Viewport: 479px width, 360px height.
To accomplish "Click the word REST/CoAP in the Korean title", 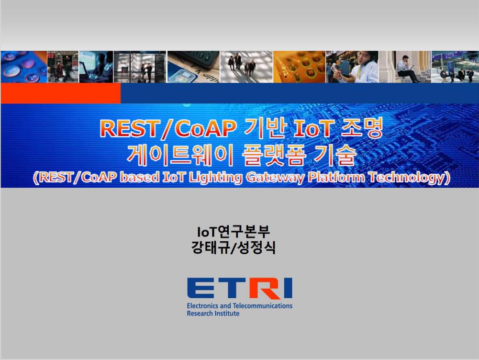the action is [x=167, y=128].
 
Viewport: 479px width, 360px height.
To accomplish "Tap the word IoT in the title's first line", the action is [x=312, y=128].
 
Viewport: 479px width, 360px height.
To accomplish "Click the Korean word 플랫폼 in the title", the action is [x=273, y=155].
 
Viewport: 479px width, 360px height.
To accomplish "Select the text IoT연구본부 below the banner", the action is [x=234, y=232].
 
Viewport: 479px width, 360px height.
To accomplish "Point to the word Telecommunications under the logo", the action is [x=262, y=305].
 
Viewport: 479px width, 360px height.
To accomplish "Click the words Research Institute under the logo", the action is [x=213, y=313].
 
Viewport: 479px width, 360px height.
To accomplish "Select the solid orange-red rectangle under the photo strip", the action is [x=61, y=93].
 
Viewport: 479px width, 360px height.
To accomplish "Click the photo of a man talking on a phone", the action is [x=352, y=67].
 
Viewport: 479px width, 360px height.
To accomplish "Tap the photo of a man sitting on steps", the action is [x=405, y=67].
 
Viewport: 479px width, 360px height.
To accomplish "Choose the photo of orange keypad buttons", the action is [x=299, y=67].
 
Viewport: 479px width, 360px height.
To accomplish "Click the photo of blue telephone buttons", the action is [x=24, y=67].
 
